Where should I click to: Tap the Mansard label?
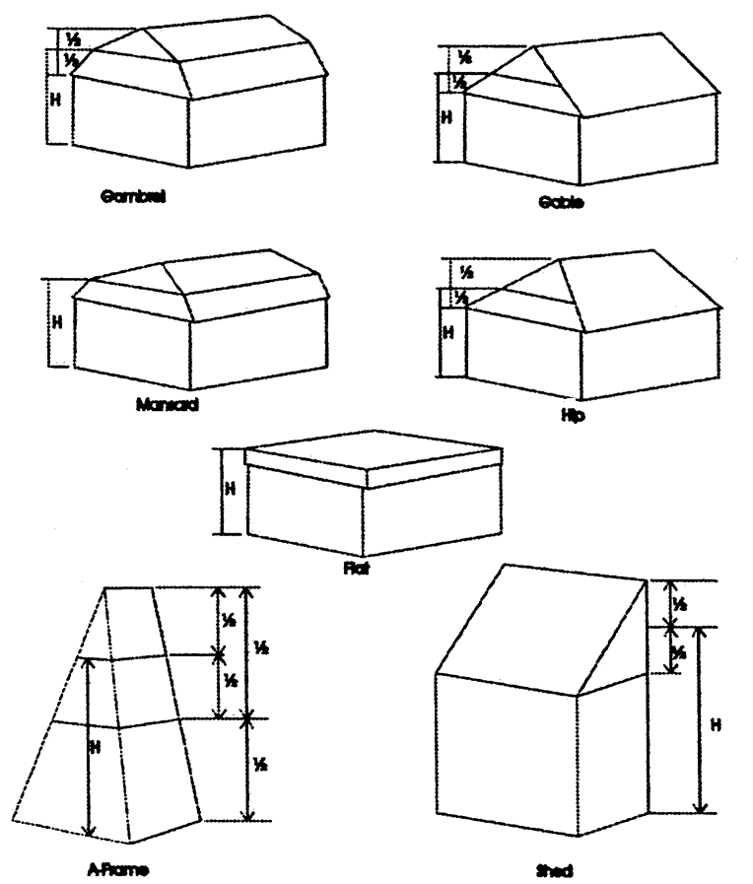pyautogui.click(x=165, y=404)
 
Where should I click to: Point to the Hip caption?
pyautogui.click(x=572, y=417)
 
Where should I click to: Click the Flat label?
pyautogui.click(x=357, y=569)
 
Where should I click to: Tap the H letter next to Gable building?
pyautogui.click(x=445, y=116)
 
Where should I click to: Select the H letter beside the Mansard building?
pyautogui.click(x=56, y=321)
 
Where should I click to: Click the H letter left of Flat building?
pyautogui.click(x=230, y=489)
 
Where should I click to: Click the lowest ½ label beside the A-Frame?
pyautogui.click(x=259, y=764)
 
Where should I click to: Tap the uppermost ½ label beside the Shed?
pyautogui.click(x=677, y=602)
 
